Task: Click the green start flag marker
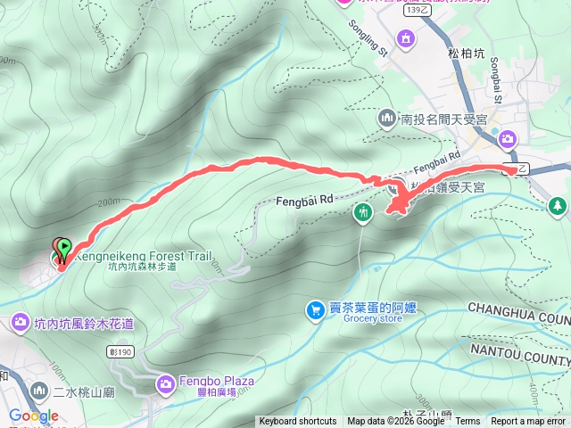[x=63, y=247]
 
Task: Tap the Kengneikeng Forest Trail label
[x=143, y=256]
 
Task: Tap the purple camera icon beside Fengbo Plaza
[x=165, y=384]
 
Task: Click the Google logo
[x=34, y=416]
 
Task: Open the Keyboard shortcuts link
[x=298, y=422]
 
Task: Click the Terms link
[x=468, y=422]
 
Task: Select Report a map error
[x=529, y=422]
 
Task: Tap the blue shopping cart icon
[x=315, y=309]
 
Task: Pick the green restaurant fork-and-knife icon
[x=362, y=212]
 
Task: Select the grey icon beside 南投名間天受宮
[x=387, y=117]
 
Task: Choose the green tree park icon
[x=558, y=206]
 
